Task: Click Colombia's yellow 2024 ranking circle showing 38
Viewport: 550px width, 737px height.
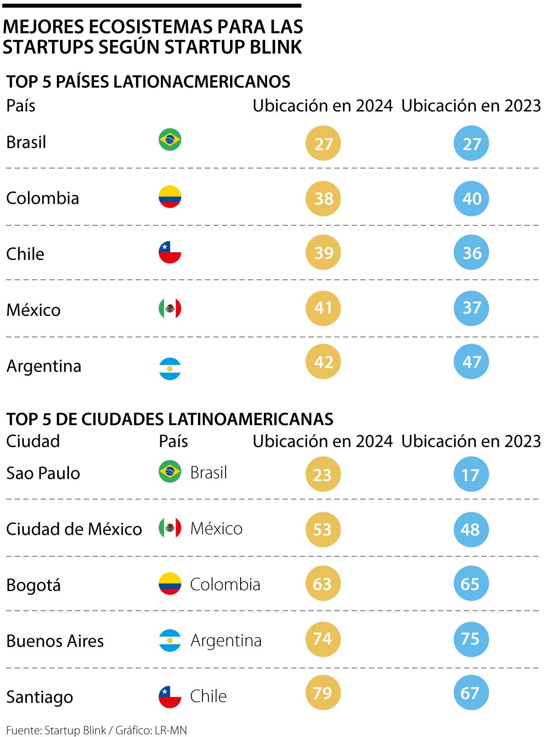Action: click(x=323, y=199)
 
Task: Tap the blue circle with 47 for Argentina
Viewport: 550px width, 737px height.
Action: click(x=471, y=362)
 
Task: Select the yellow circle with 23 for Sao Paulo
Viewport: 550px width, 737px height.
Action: click(x=323, y=474)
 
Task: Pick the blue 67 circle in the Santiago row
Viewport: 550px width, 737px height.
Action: click(x=471, y=693)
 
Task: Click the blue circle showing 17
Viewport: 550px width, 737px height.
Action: click(x=471, y=474)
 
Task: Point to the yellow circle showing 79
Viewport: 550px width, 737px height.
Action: click(x=323, y=693)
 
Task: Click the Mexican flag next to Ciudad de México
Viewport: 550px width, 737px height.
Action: click(x=170, y=528)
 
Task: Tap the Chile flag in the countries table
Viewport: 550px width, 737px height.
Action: click(x=170, y=252)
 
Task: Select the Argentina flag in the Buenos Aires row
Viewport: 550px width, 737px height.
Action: click(x=170, y=640)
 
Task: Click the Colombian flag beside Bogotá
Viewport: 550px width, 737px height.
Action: click(x=170, y=584)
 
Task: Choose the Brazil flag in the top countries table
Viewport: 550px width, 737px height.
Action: click(x=170, y=140)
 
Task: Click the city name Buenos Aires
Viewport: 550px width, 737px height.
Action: click(x=55, y=641)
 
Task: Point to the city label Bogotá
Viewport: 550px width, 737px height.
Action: click(x=33, y=585)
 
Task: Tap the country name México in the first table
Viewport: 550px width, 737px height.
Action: click(x=33, y=310)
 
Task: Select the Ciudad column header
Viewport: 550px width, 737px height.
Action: click(x=33, y=441)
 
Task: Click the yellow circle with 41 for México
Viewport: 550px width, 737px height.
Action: click(x=323, y=308)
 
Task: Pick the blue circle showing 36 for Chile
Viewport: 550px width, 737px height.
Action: click(x=471, y=253)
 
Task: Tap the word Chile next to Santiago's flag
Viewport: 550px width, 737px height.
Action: click(x=209, y=696)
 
